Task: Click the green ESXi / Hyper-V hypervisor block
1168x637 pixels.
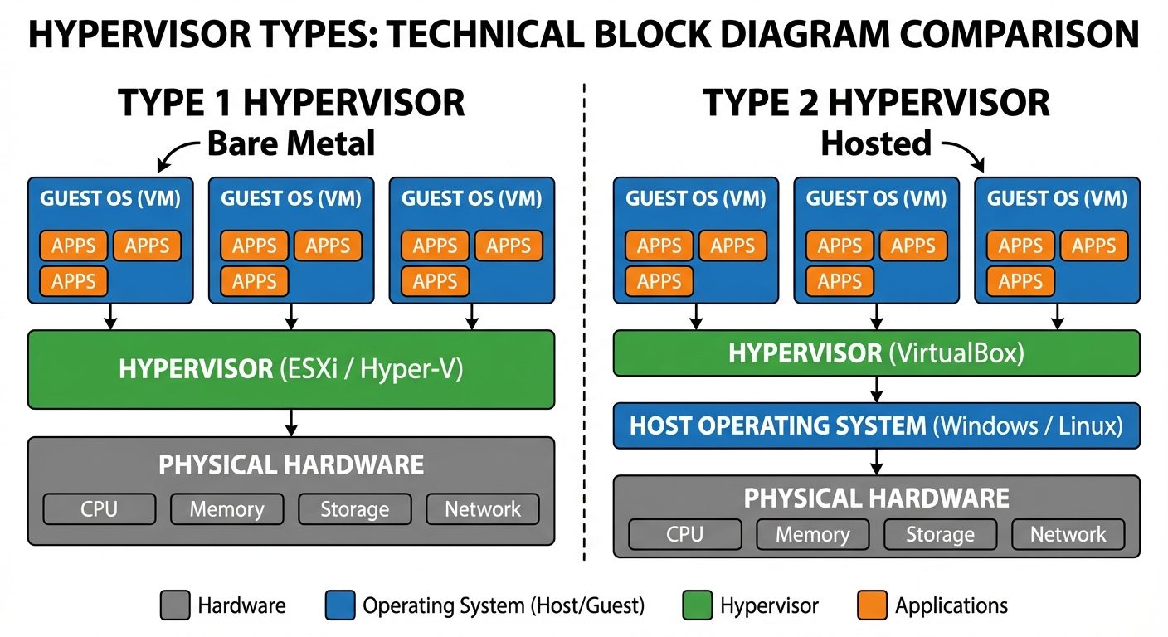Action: click(290, 370)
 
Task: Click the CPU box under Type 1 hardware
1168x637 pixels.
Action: click(100, 509)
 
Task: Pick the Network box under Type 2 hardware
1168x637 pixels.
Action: click(1068, 535)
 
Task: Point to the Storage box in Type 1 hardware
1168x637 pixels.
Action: click(354, 509)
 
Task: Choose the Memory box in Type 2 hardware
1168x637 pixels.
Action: click(812, 535)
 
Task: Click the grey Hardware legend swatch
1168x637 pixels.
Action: click(174, 605)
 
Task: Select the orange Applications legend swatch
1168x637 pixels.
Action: click(872, 605)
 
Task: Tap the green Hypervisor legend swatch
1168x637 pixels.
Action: click(697, 605)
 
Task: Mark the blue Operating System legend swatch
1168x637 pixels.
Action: click(340, 605)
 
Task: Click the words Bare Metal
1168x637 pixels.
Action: click(290, 143)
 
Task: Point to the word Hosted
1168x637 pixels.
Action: click(875, 143)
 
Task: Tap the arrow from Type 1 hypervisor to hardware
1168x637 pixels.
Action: click(290, 422)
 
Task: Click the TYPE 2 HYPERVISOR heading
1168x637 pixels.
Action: click(876, 103)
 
